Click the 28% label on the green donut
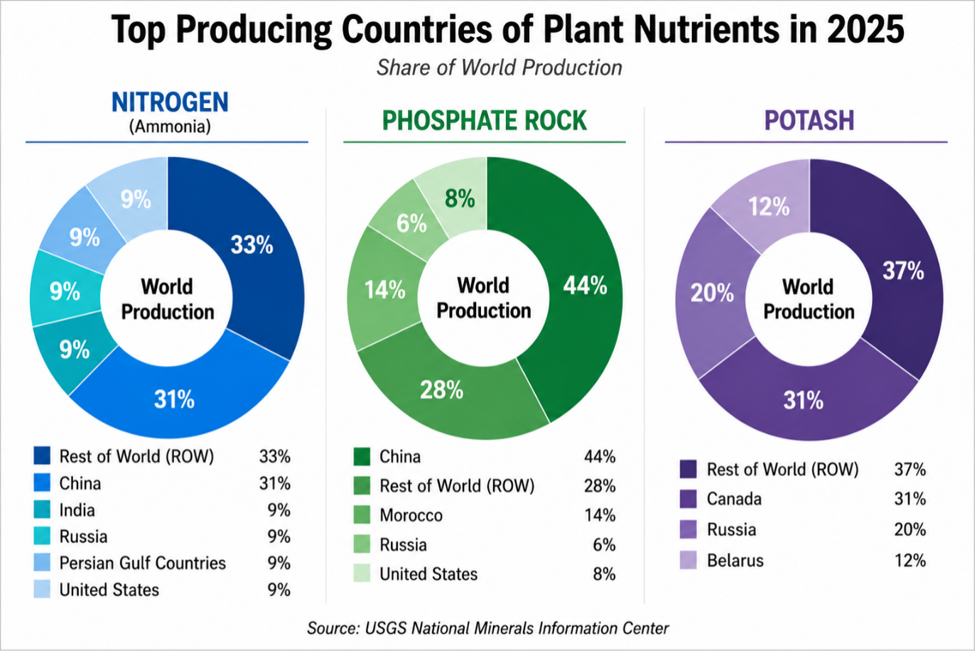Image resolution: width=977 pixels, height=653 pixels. click(x=441, y=389)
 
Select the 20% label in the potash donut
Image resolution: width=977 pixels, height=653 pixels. click(x=712, y=293)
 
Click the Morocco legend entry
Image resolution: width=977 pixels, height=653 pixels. click(x=411, y=515)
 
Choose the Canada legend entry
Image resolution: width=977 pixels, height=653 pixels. click(x=734, y=499)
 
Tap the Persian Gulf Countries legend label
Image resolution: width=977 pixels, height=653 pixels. click(x=143, y=563)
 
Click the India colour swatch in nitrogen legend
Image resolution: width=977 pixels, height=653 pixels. click(x=42, y=509)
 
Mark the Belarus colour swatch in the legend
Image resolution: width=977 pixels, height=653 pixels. click(x=688, y=560)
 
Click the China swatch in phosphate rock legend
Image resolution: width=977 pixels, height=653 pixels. click(x=362, y=457)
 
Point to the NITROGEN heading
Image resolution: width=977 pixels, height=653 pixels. click(x=170, y=102)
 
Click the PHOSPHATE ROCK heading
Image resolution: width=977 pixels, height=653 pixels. click(x=485, y=120)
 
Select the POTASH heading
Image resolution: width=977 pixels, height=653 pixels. click(x=809, y=120)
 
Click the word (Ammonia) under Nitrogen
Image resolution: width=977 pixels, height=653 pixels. click(x=170, y=126)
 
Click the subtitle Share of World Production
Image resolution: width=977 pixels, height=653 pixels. click(x=500, y=68)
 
